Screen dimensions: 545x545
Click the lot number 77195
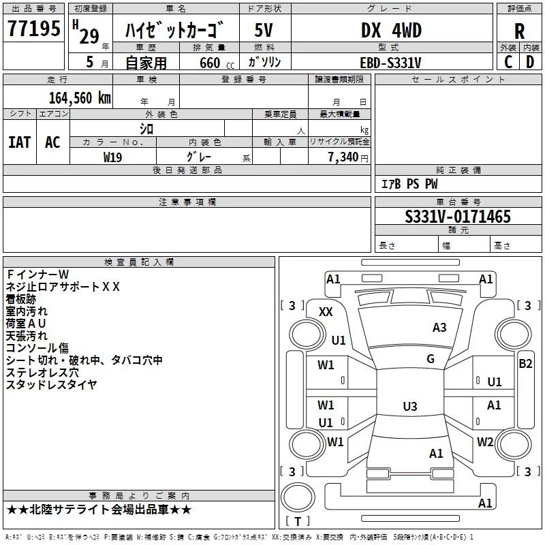tap(33, 28)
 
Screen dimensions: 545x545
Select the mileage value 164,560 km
tap(80, 98)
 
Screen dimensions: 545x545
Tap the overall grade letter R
tap(519, 31)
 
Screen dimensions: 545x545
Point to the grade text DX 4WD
tap(391, 30)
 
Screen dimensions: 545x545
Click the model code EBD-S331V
tap(390, 63)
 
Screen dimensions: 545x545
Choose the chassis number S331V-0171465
tap(458, 217)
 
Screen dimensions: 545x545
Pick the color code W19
tap(112, 157)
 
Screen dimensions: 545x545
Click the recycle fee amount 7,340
tap(343, 157)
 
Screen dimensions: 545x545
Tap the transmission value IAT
tap(20, 142)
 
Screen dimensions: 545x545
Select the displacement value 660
tap(210, 63)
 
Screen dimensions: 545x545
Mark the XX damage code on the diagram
tap(326, 312)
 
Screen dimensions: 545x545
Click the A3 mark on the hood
tap(439, 328)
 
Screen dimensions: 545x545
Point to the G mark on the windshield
tap(431, 358)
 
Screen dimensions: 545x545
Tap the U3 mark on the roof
tap(410, 406)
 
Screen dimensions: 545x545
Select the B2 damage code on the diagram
tap(525, 364)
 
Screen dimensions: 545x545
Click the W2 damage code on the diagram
tap(485, 441)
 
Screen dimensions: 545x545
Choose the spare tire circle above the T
tap(298, 497)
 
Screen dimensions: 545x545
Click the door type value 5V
tap(264, 30)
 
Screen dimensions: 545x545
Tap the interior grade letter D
tap(530, 62)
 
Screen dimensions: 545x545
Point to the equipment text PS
tap(413, 183)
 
